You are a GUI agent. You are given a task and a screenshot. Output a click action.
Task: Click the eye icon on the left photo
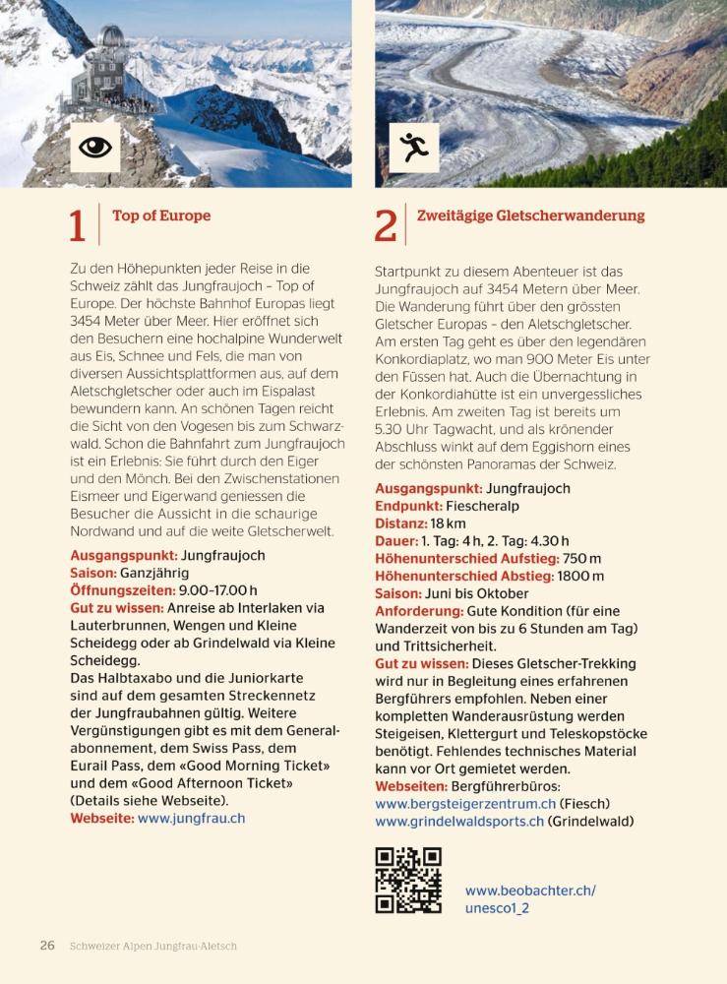95,148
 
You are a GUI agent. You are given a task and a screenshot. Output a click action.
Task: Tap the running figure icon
413,148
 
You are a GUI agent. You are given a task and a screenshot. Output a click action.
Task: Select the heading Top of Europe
161,215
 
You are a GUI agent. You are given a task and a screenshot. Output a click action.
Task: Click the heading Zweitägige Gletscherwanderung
531,215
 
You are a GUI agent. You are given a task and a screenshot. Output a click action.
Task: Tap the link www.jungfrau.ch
191,818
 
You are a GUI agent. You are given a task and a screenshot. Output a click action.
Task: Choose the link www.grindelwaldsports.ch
459,822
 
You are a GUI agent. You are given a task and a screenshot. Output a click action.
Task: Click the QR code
408,880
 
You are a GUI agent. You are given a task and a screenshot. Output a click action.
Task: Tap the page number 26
47,946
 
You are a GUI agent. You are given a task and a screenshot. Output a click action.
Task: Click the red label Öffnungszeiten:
122,590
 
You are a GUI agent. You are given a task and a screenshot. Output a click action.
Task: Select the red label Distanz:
400,523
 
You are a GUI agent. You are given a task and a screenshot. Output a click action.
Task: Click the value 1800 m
580,577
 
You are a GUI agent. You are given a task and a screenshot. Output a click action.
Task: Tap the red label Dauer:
395,541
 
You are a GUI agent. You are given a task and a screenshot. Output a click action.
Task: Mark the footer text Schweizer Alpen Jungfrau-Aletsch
153,947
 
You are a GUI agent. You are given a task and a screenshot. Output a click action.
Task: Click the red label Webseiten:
410,786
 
